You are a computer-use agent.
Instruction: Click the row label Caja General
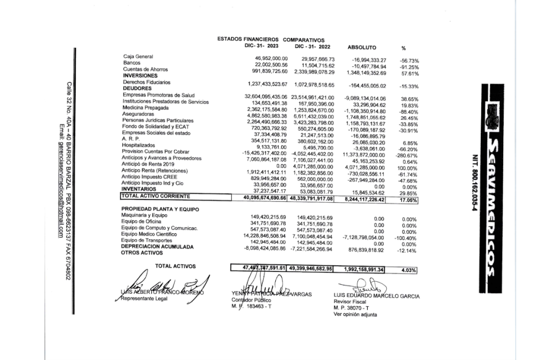click(138, 57)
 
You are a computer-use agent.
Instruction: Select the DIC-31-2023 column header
click(263, 46)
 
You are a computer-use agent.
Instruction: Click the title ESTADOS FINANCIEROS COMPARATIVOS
click(270, 40)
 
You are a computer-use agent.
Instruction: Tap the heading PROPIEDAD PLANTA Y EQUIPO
click(160, 209)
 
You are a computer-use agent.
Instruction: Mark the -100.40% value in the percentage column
click(405, 238)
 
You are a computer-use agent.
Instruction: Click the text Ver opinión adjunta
click(355, 314)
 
